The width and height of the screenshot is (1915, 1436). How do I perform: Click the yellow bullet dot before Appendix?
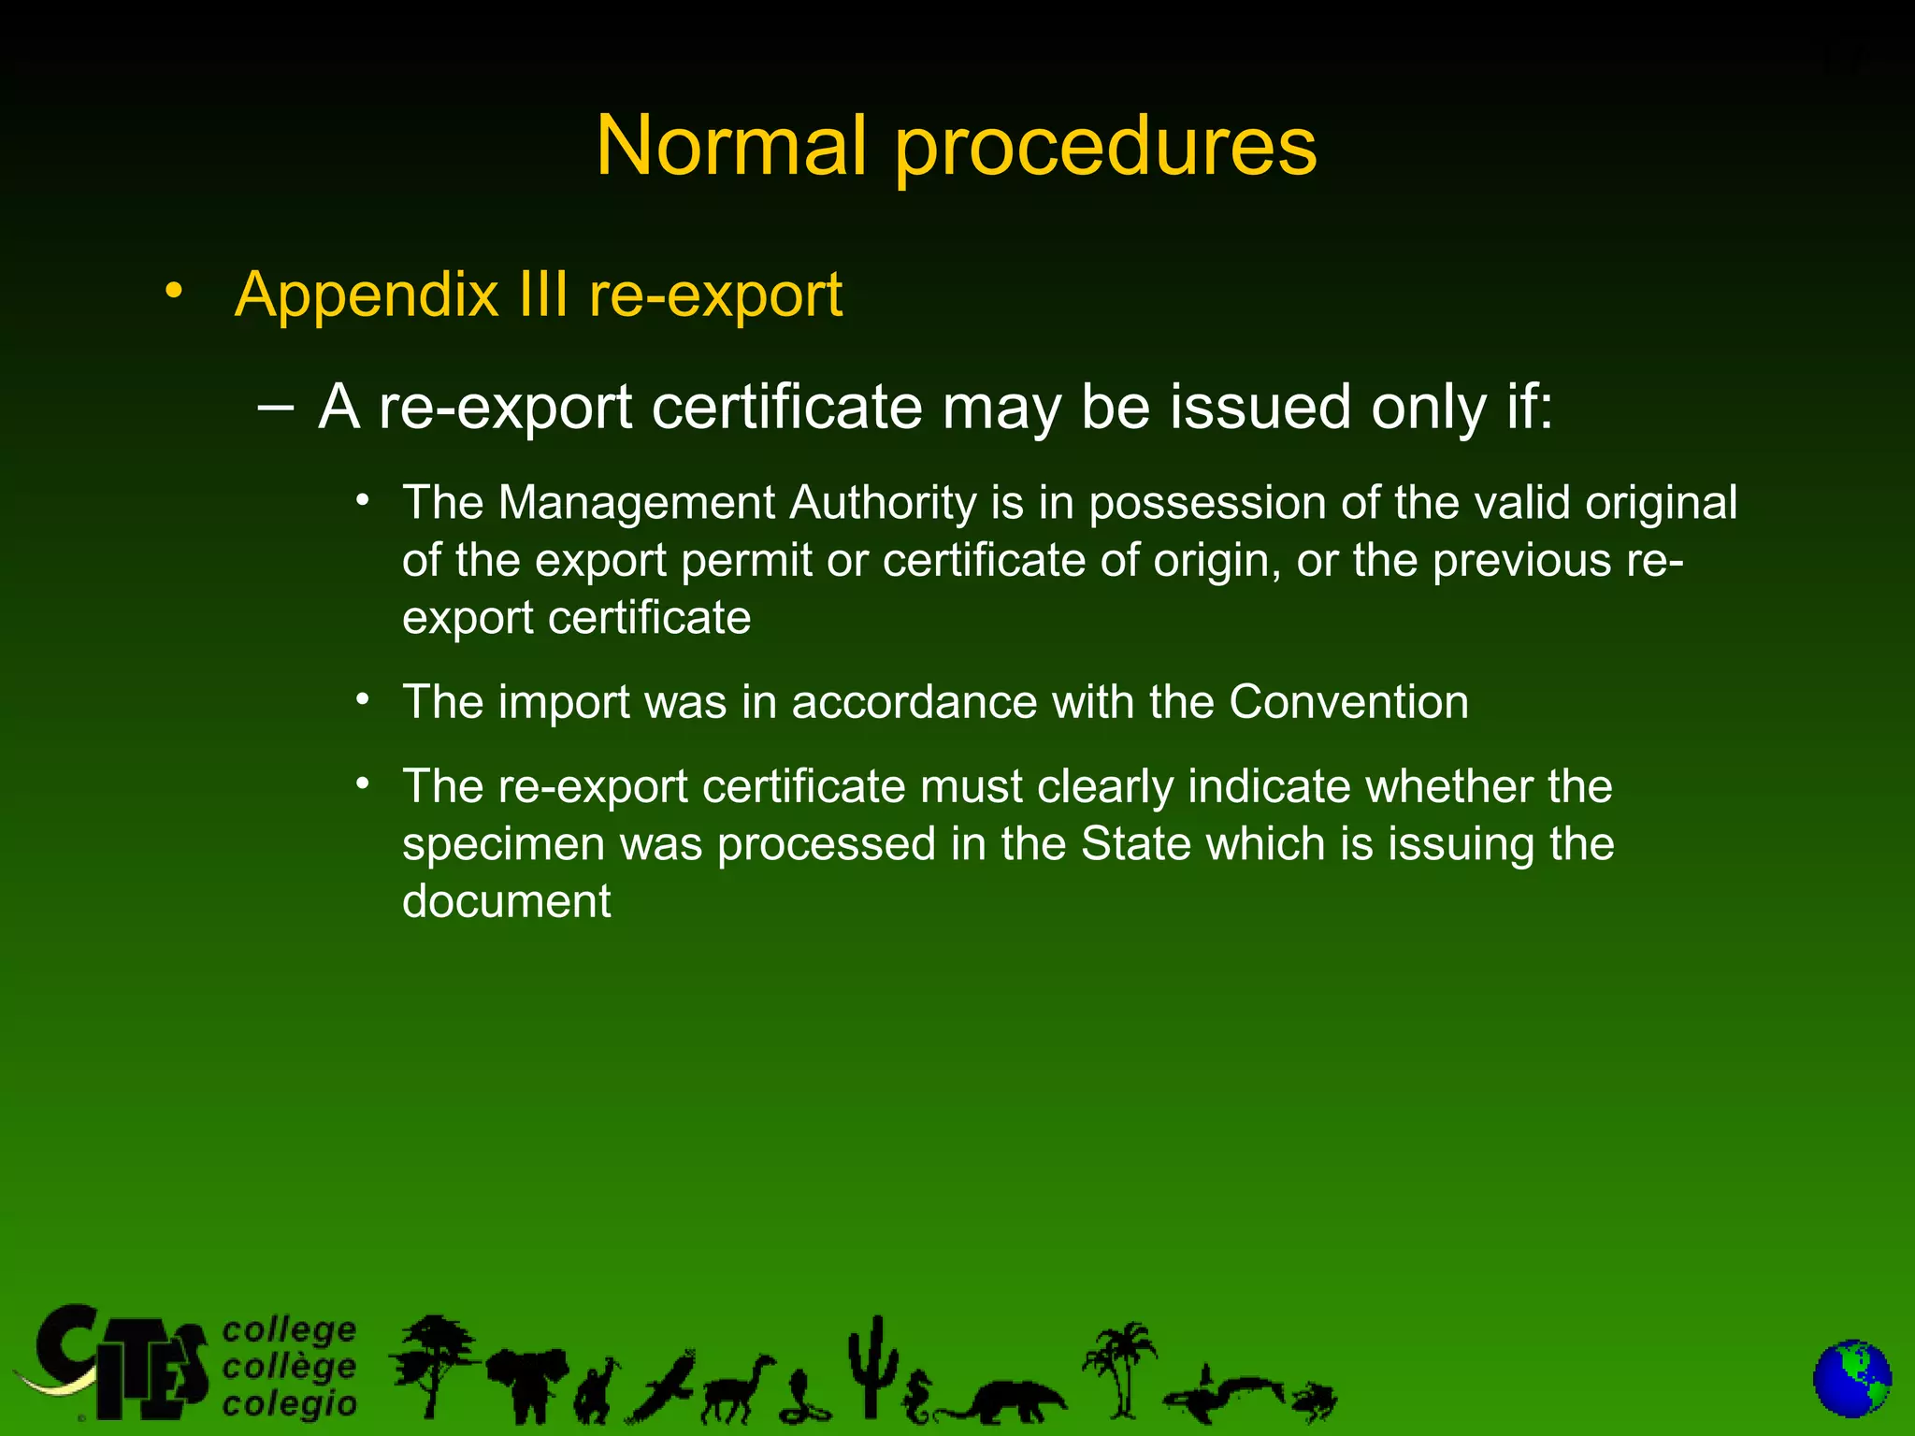(x=173, y=291)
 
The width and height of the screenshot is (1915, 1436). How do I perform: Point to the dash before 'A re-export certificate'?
(x=276, y=407)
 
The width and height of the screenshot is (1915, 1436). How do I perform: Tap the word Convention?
(x=1348, y=702)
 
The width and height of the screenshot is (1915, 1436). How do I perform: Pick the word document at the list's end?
(x=506, y=901)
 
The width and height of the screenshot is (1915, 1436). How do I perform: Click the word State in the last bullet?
(x=1135, y=843)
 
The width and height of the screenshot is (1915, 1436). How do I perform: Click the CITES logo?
(x=117, y=1363)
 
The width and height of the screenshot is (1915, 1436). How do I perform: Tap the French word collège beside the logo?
(x=289, y=1367)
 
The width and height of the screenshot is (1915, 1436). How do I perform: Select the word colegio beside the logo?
(x=289, y=1404)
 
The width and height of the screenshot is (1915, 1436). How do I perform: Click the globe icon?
(x=1851, y=1379)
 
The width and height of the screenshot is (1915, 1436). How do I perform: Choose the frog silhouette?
(x=1314, y=1400)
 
